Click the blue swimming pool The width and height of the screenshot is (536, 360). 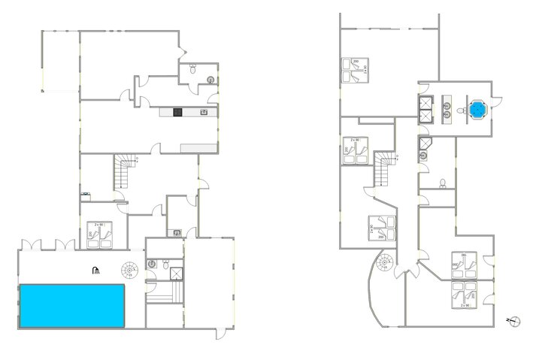point(71,305)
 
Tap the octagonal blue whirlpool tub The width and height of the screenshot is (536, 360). point(477,110)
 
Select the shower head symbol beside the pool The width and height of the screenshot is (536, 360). point(95,271)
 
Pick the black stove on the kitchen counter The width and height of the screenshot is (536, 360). point(177,113)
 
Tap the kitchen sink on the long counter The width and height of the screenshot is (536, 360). point(203,113)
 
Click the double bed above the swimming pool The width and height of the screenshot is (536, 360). point(100,233)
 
